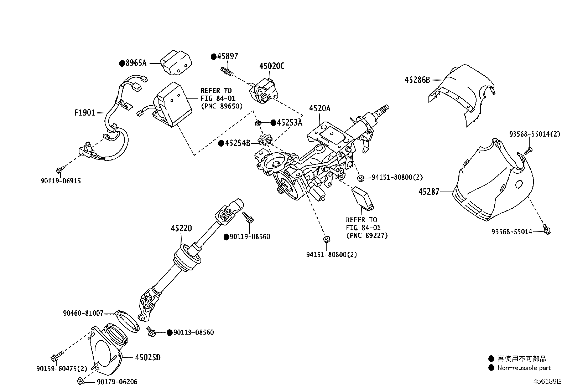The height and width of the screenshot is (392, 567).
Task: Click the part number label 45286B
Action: tap(417, 80)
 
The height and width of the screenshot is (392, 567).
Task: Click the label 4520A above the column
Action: tap(319, 108)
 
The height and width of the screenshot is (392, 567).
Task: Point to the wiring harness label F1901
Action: tap(85, 113)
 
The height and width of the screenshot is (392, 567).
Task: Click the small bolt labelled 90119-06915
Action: tap(60, 168)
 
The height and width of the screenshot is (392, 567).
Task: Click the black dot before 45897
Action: tap(214, 56)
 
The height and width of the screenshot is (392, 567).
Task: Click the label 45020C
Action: tap(272, 66)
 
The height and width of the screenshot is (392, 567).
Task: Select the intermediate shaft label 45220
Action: tap(181, 228)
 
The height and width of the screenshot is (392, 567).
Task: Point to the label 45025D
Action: tap(148, 357)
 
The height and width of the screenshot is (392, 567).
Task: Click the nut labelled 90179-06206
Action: tap(80, 381)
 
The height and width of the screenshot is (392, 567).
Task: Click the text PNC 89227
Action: tap(366, 235)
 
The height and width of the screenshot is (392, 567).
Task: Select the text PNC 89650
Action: tap(222, 106)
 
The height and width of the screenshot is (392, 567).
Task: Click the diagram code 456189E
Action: tap(547, 381)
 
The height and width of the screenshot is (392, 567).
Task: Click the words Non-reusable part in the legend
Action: tap(524, 368)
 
